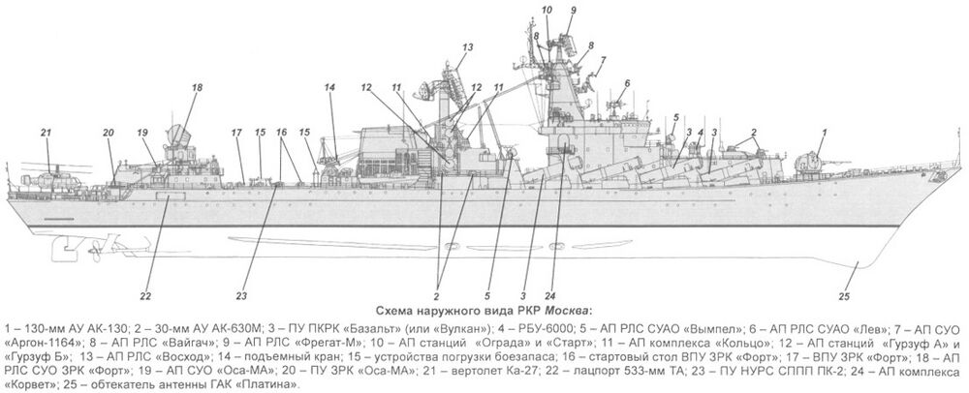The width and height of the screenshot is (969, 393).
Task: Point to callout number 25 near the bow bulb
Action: point(844,296)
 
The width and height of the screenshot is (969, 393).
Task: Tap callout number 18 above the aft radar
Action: point(197,88)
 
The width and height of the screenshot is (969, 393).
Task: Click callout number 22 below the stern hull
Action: point(144,296)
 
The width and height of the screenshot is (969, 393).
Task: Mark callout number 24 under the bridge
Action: point(550,295)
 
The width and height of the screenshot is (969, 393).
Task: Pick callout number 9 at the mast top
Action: point(573,11)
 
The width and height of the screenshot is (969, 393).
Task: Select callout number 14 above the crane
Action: point(330,88)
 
